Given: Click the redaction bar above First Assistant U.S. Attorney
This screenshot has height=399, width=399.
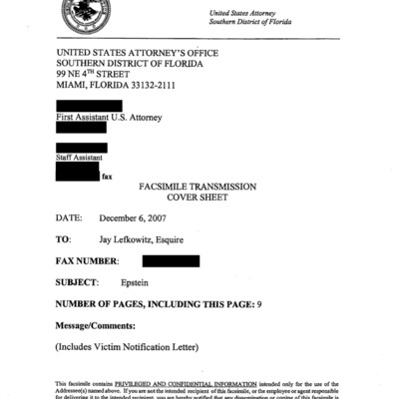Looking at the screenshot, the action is [89, 105].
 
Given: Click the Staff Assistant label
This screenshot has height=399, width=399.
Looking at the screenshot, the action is [82, 158].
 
